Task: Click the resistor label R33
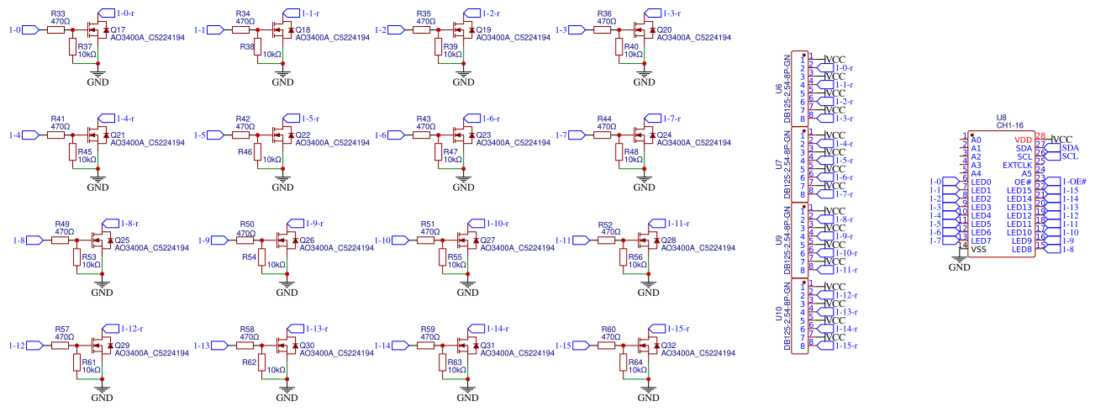pos(57,14)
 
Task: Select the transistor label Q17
pos(118,29)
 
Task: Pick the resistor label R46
pos(245,152)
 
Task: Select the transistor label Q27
pos(486,240)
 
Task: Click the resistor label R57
pos(61,329)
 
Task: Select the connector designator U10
pos(777,315)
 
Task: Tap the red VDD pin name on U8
pos(1023,140)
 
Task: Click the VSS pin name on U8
pos(978,249)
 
